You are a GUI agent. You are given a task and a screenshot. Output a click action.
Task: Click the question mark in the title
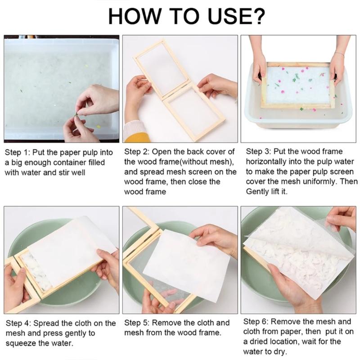[x=258, y=17]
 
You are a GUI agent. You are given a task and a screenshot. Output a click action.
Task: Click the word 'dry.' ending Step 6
[x=277, y=352]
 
